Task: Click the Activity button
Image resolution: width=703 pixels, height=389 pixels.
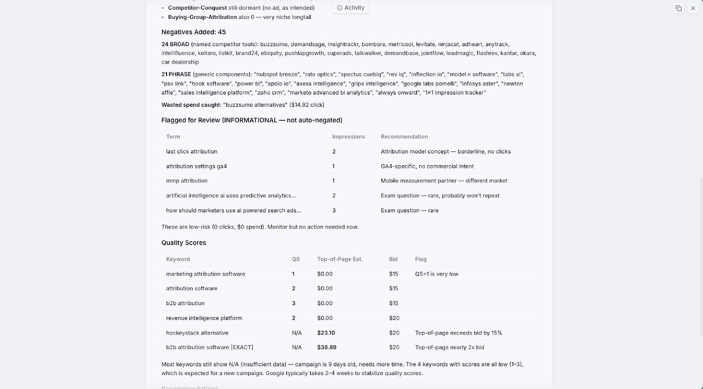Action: (351, 8)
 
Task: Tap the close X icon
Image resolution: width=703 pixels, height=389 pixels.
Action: (693, 8)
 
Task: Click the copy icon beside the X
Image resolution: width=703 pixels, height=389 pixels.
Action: (678, 8)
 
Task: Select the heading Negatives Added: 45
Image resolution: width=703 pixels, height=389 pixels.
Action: (194, 32)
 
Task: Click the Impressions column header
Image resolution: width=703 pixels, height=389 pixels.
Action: (348, 137)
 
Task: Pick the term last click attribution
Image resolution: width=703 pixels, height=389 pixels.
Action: (192, 151)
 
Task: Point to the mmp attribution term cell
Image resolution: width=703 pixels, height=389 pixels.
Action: (187, 181)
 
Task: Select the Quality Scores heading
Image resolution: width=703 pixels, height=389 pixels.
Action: (183, 243)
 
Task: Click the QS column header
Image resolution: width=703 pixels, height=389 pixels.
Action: (295, 259)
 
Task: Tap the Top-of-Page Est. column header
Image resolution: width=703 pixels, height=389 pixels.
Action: (339, 259)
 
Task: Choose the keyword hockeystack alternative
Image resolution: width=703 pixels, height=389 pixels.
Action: (197, 333)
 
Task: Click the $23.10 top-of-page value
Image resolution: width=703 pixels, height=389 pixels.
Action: (326, 333)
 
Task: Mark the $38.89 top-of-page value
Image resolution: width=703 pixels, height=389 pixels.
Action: (326, 347)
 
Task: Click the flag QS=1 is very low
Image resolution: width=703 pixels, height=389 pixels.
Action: (436, 274)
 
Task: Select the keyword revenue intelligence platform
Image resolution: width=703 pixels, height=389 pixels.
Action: (203, 318)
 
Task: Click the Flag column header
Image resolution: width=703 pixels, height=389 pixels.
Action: (421, 259)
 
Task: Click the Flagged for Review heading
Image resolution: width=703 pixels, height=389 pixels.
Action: (252, 120)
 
